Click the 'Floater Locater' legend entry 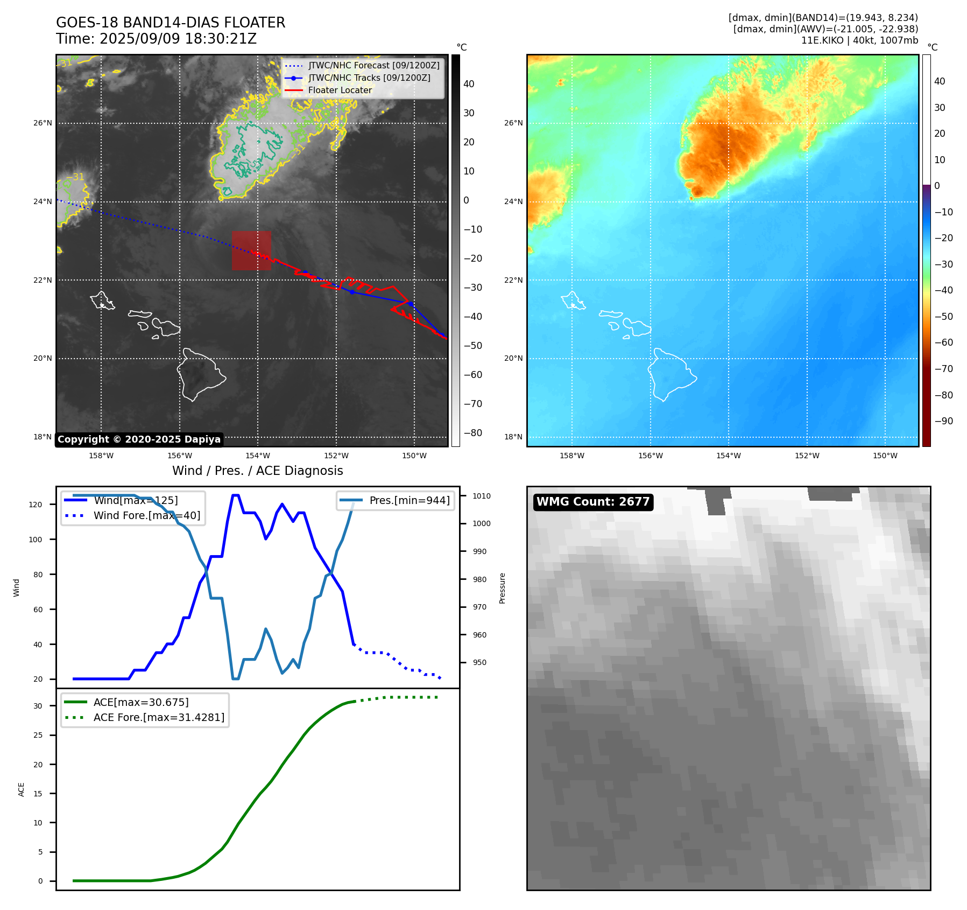click(x=340, y=90)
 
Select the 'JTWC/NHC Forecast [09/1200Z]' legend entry click(x=373, y=66)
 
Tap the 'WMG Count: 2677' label click(x=592, y=502)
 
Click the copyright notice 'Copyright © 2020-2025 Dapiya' click(x=139, y=439)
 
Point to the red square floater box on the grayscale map click(x=251, y=250)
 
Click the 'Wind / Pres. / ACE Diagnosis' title click(x=257, y=471)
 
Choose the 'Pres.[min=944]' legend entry click(x=409, y=500)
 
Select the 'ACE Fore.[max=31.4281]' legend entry click(x=159, y=717)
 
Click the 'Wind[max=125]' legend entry click(x=136, y=500)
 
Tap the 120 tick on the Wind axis click(x=36, y=505)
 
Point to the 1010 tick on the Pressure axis click(x=482, y=496)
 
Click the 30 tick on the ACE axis click(x=38, y=706)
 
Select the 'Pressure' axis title click(x=502, y=588)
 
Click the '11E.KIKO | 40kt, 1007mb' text click(x=859, y=40)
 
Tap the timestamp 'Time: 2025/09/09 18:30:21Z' click(x=156, y=39)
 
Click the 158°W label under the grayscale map click(x=101, y=456)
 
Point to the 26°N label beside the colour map click(x=513, y=123)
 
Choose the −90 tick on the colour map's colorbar click(x=943, y=421)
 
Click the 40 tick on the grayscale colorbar click(x=469, y=84)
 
